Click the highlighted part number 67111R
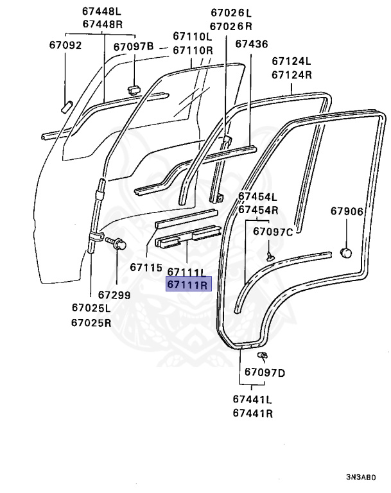coord(187,285)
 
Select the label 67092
coord(65,45)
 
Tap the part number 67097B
coord(134,46)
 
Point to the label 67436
coord(251,44)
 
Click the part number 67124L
coord(291,62)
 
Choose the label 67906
coord(347,211)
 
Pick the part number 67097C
coord(273,232)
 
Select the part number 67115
coord(146,267)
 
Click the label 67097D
coord(265,372)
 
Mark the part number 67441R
coord(252,413)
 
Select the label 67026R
coord(231,26)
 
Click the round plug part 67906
coord(346,254)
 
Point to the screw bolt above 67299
coord(116,245)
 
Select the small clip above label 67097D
coord(262,355)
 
